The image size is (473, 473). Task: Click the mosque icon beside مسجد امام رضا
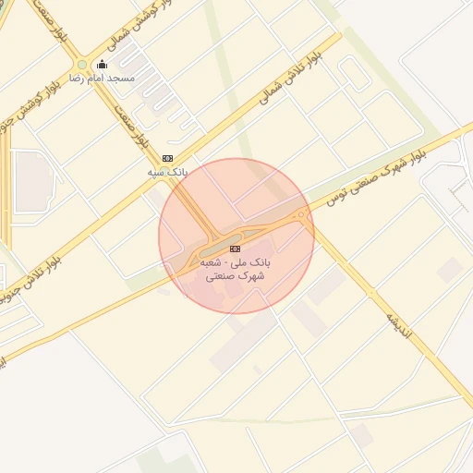coord(102,64)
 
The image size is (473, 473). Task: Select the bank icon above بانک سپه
coord(167,158)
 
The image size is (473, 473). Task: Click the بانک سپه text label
coord(167,172)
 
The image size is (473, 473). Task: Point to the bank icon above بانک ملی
coord(236,249)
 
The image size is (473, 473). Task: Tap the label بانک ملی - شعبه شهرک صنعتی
coord(236,269)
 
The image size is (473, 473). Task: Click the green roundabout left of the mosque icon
coord(82,65)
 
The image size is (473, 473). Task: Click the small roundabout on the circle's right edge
coord(301,215)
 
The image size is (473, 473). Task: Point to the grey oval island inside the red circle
coord(218,248)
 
